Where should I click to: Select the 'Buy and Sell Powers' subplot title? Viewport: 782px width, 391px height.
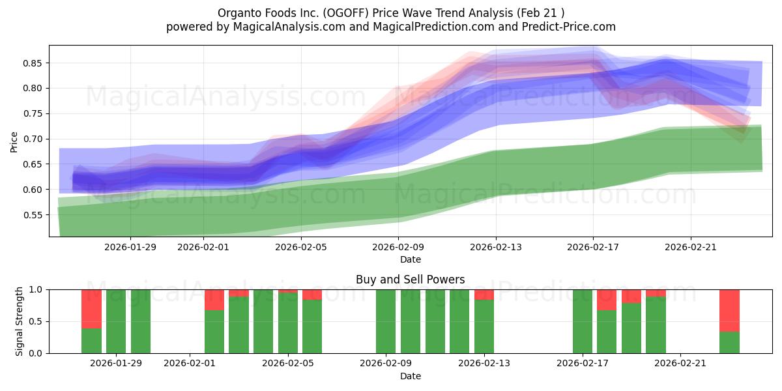click(x=410, y=280)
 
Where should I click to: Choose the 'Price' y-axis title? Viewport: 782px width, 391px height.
click(x=14, y=141)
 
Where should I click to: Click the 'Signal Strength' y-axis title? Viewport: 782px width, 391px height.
click(x=20, y=321)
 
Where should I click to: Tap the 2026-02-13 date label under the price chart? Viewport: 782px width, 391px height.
click(x=495, y=246)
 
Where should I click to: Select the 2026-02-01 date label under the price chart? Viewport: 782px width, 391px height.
click(x=203, y=246)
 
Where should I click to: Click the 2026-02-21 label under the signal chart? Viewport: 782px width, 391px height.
click(x=680, y=363)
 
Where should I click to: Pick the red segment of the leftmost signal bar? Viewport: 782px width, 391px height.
click(x=91, y=309)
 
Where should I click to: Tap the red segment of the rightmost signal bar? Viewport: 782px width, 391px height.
click(x=729, y=310)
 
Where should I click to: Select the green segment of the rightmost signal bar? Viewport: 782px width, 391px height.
click(x=729, y=342)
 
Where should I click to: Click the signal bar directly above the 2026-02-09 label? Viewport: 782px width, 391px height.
click(x=386, y=321)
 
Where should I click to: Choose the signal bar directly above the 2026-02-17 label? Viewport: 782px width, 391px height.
click(x=583, y=321)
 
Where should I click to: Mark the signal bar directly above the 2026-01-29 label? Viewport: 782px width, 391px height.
click(x=116, y=321)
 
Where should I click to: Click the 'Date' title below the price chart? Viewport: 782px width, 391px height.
click(x=410, y=259)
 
